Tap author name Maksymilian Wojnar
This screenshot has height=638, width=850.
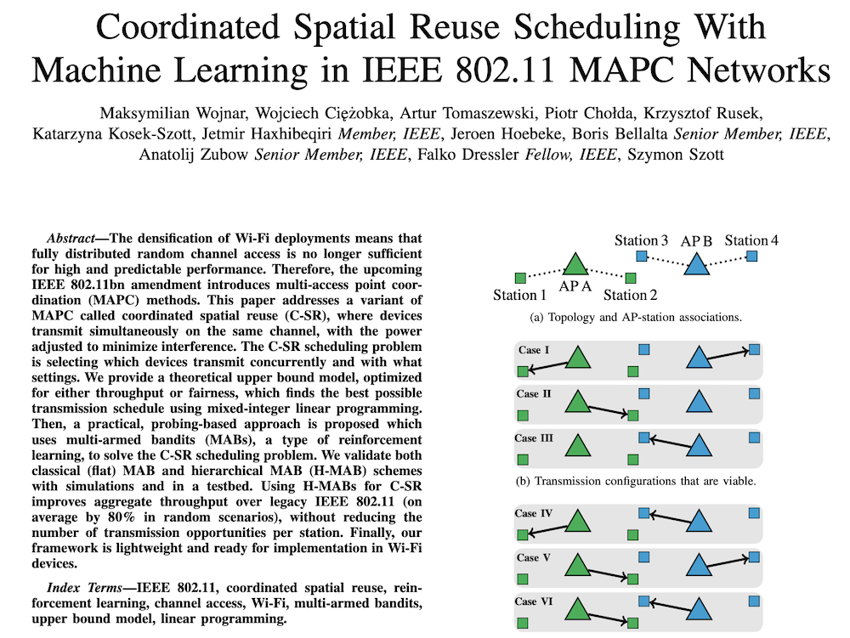click(173, 113)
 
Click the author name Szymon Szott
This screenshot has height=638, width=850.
click(676, 155)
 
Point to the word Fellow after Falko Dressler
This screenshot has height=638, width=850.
click(547, 155)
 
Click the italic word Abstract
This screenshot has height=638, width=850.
click(71, 239)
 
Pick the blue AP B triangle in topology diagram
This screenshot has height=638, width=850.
click(697, 263)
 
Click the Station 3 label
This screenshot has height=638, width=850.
click(641, 240)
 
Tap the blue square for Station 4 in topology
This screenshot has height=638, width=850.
click(751, 256)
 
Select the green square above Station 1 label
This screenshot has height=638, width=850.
click(520, 279)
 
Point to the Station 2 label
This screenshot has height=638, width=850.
click(631, 295)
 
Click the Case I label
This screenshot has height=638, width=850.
click(534, 350)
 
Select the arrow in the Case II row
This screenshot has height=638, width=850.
click(608, 410)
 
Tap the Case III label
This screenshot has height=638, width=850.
click(534, 438)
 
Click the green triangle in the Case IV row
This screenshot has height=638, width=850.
click(578, 521)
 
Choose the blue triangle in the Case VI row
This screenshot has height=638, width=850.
click(700, 609)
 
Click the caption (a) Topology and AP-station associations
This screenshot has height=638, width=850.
click(636, 318)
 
